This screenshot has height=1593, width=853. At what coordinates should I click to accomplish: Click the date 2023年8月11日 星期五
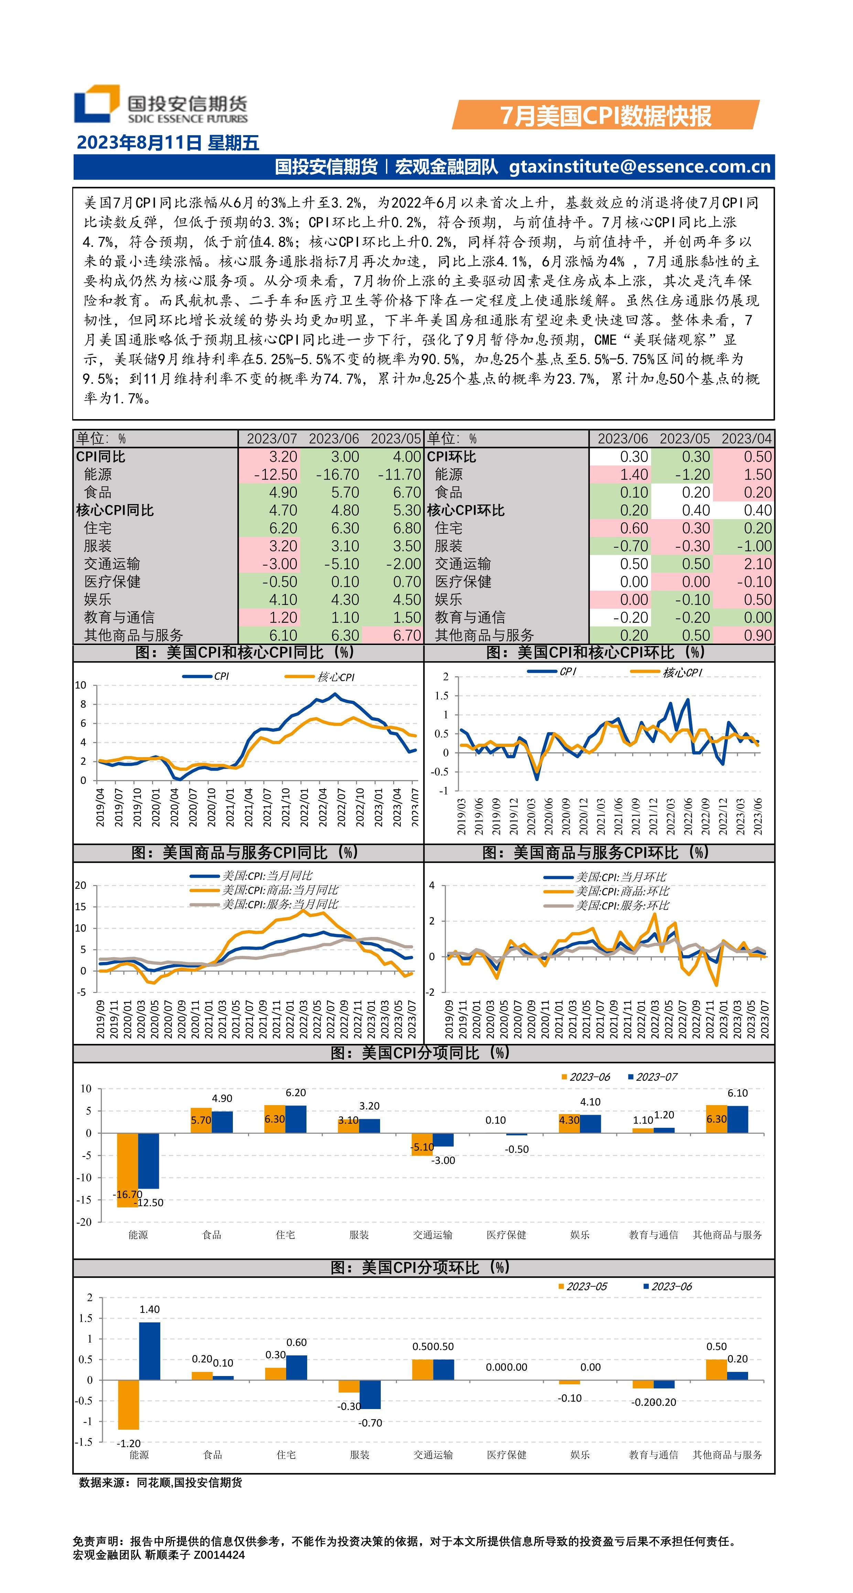click(x=167, y=143)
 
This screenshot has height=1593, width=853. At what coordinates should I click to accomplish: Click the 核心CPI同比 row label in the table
click(x=115, y=510)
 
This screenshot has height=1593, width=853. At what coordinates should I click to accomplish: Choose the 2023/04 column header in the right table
click(x=746, y=438)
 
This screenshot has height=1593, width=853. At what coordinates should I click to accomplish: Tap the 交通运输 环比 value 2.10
click(x=757, y=564)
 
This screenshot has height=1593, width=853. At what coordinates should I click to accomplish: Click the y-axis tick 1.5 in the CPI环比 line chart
click(x=441, y=696)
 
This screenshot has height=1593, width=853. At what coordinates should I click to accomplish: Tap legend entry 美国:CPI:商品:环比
click(x=622, y=891)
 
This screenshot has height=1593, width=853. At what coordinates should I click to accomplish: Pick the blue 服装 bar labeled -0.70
click(x=370, y=1395)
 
